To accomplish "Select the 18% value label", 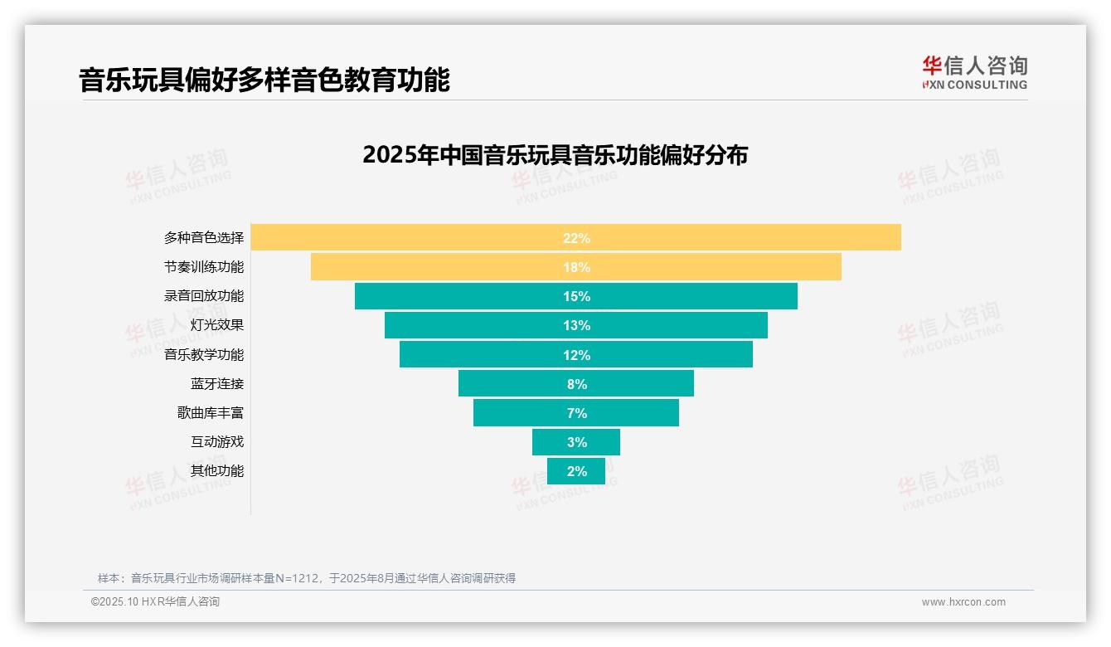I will [576, 267].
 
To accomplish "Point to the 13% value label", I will [576, 325].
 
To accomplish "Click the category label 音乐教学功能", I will [204, 354].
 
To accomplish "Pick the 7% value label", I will [576, 413].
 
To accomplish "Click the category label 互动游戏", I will [217, 441].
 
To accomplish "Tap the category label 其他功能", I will [217, 470].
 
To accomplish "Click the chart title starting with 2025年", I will [555, 155].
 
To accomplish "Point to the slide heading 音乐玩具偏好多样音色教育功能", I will [264, 80].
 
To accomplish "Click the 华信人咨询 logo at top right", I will [974, 73].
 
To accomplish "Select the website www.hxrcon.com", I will [963, 602].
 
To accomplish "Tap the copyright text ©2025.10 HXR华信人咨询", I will [156, 602].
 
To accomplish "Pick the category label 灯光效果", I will [217, 325].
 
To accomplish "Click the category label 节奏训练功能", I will [204, 267].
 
